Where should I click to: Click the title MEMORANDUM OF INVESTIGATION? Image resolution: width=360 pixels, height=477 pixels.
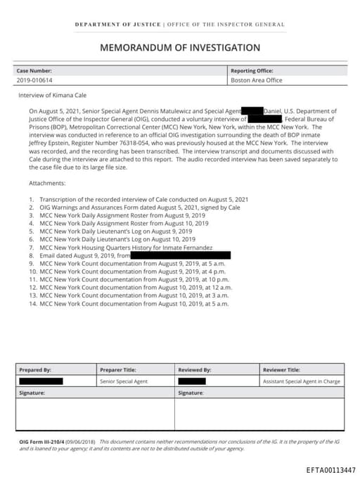coord(180,48)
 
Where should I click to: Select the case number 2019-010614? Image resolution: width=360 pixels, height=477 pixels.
coord(35,80)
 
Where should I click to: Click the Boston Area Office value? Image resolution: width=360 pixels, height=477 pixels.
coord(257,80)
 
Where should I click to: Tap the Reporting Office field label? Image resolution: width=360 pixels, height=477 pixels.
coord(252,70)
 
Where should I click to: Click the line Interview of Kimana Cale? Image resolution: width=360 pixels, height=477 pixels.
coord(52,94)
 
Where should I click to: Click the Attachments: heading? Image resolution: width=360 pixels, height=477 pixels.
coord(47,183)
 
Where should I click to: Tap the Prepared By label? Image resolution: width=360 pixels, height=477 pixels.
coord(35,369)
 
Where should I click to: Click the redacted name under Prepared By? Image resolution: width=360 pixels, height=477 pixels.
coord(41,381)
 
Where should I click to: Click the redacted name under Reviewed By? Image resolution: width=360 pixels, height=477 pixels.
coord(191,381)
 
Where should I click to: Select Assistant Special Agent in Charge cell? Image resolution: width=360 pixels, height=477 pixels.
coord(301,381)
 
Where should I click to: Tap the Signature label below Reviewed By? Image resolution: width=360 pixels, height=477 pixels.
coord(191,393)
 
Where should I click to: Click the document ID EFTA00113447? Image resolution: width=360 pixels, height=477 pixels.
coord(330,469)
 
